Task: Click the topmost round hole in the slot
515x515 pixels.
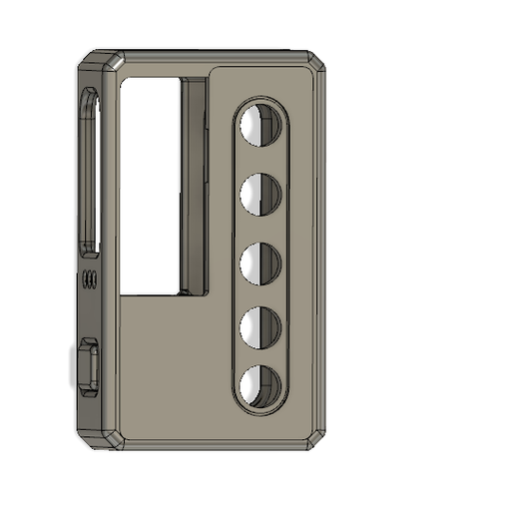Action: point(260,126)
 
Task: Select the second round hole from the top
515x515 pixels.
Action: point(260,194)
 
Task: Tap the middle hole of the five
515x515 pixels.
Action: point(260,261)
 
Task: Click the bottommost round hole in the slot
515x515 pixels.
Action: point(260,386)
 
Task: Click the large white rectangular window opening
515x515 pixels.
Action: point(150,185)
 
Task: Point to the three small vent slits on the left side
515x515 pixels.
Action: point(90,279)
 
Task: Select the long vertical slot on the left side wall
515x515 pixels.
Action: point(90,175)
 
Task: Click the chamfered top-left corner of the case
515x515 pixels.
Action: point(101,60)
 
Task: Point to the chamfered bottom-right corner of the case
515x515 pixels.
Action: point(317,436)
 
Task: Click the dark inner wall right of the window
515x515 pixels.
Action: point(194,185)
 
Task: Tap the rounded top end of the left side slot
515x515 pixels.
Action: point(90,98)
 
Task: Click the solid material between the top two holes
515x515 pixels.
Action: point(260,160)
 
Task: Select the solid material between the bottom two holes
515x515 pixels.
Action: point(260,356)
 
